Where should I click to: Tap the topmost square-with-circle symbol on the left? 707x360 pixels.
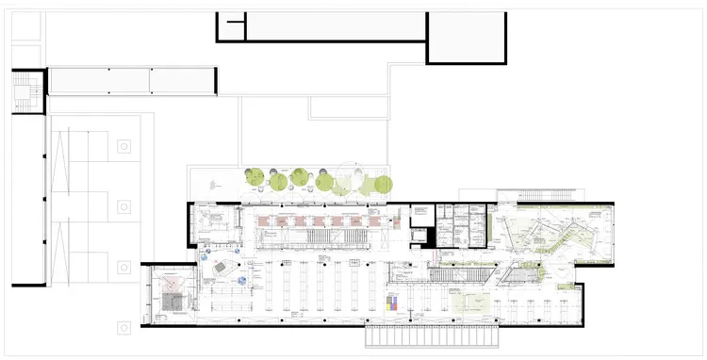tap(123, 146)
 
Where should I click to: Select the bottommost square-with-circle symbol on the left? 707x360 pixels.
tap(123, 327)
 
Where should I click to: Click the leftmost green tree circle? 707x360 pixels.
tap(255, 175)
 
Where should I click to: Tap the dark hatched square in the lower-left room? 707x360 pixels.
tap(172, 302)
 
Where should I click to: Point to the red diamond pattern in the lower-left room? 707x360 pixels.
tap(172, 281)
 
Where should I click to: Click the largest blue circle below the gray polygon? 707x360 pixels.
tap(242, 281)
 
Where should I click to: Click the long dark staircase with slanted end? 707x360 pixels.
tap(460, 274)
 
